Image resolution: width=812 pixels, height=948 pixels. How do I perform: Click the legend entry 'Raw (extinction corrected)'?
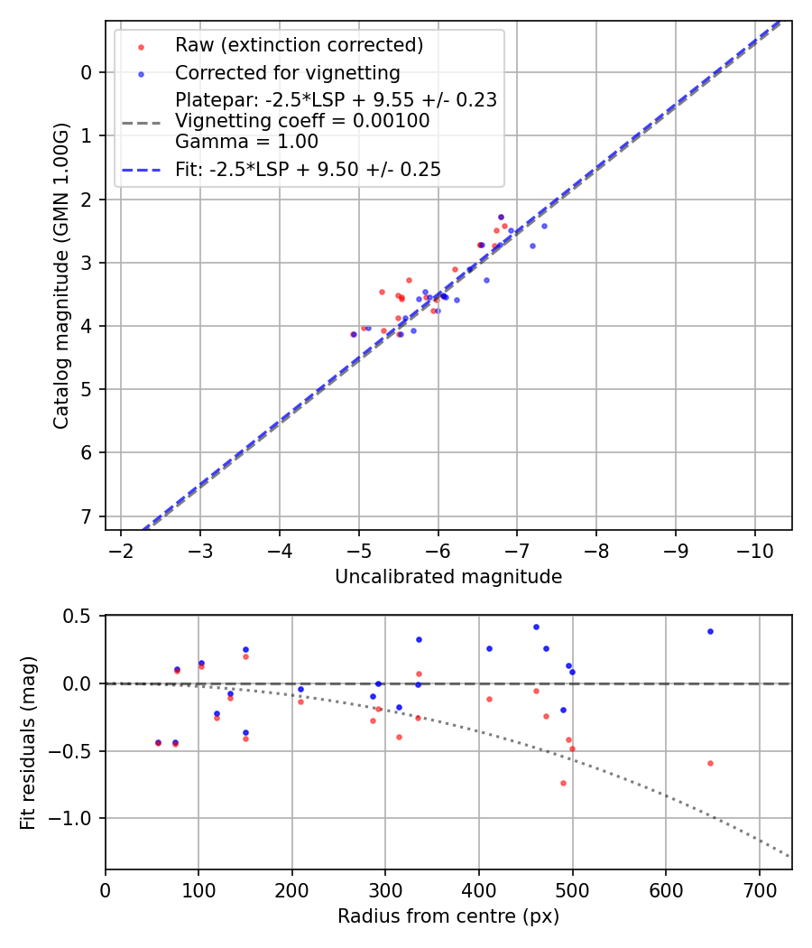coord(299,45)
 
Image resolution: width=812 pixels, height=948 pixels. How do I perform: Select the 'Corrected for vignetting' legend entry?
coord(287,72)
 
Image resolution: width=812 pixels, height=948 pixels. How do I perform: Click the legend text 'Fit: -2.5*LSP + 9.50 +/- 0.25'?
coord(308,169)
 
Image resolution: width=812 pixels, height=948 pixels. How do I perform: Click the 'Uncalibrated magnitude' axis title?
coord(448,577)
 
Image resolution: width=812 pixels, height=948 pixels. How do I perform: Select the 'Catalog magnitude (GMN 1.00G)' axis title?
coord(61,275)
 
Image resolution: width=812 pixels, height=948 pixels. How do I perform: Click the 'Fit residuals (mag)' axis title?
coord(28,741)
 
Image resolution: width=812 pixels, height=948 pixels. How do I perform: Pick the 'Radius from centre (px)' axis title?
coord(448,916)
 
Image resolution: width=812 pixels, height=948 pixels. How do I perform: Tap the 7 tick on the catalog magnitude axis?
coord(87,516)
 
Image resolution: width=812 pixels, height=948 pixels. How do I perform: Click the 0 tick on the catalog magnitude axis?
coord(87,72)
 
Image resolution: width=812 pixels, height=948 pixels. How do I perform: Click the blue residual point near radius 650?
coord(710,631)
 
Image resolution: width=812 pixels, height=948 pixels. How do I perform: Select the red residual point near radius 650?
coord(710,763)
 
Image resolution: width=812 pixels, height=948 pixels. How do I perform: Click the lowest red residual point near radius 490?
coord(563,783)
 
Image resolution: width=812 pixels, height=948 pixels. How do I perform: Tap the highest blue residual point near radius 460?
coord(536,627)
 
